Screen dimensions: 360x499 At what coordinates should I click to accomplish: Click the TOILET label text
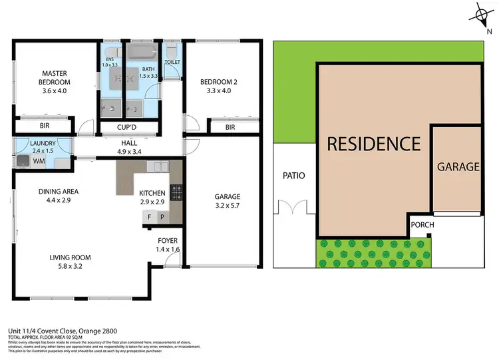172,62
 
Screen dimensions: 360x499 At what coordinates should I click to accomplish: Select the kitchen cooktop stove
176,193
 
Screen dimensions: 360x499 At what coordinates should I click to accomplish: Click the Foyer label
167,245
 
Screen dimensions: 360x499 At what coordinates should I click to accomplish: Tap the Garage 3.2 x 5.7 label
228,201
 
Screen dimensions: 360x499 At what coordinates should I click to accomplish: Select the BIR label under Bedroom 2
230,126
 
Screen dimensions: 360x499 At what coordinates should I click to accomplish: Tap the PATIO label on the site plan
293,176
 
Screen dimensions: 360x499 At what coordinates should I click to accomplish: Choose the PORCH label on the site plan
422,225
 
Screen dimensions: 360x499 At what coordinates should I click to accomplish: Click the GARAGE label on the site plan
458,167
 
